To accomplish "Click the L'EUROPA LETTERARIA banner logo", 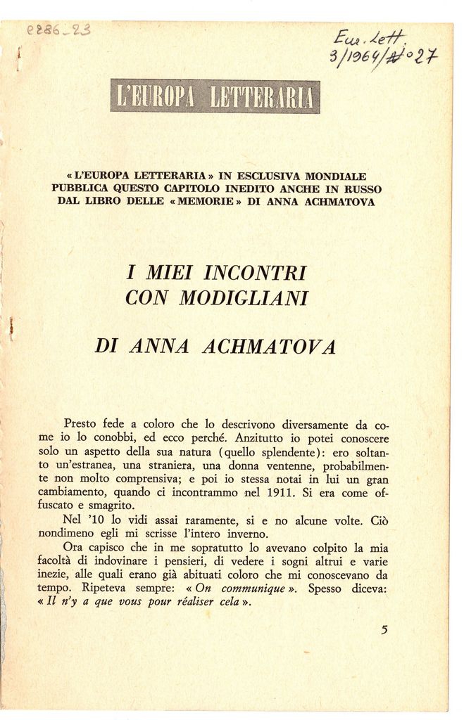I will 215,97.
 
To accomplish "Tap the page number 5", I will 384,629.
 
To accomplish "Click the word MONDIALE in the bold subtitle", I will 335,175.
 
